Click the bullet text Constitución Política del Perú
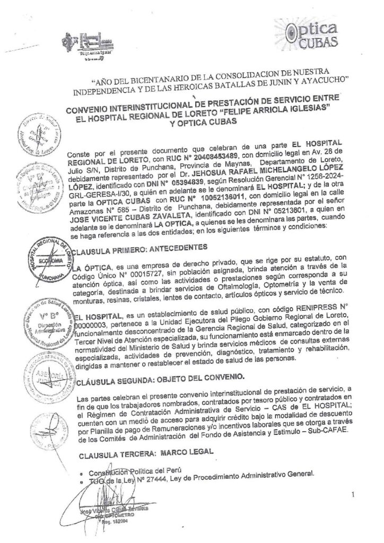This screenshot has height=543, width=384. pyautogui.click(x=133, y=471)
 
